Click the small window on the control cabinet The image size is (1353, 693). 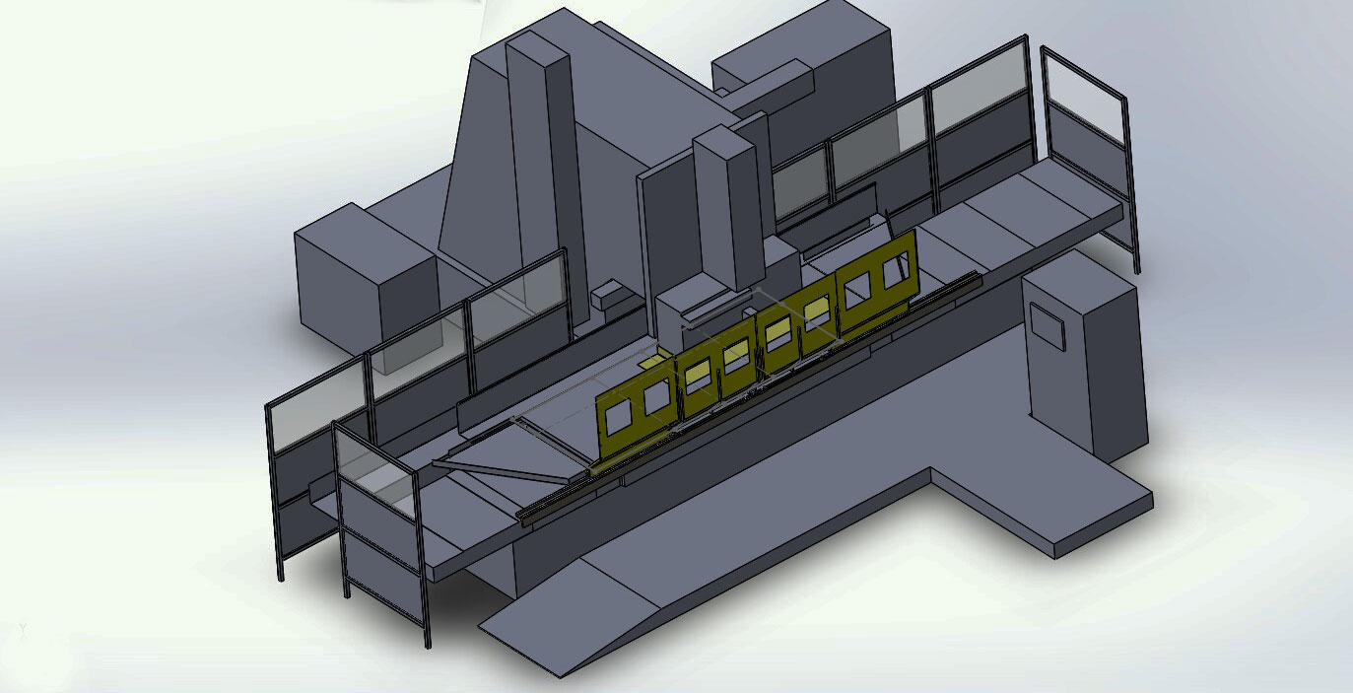[x=1048, y=326]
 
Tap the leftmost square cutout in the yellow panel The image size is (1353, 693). [x=619, y=419]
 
